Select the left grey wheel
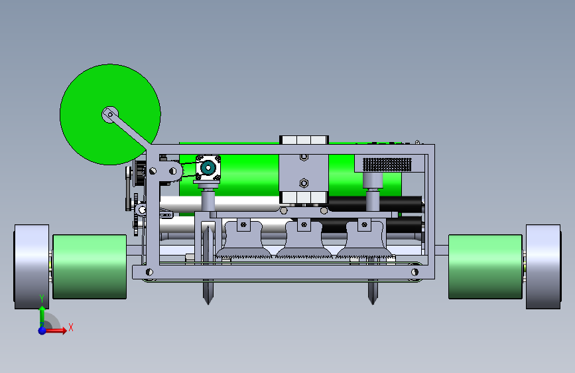point(32,267)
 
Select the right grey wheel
point(543,267)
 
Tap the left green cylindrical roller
point(90,267)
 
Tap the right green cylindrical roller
point(485,267)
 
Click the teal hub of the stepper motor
point(208,168)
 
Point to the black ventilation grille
point(387,165)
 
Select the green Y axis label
point(42,299)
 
